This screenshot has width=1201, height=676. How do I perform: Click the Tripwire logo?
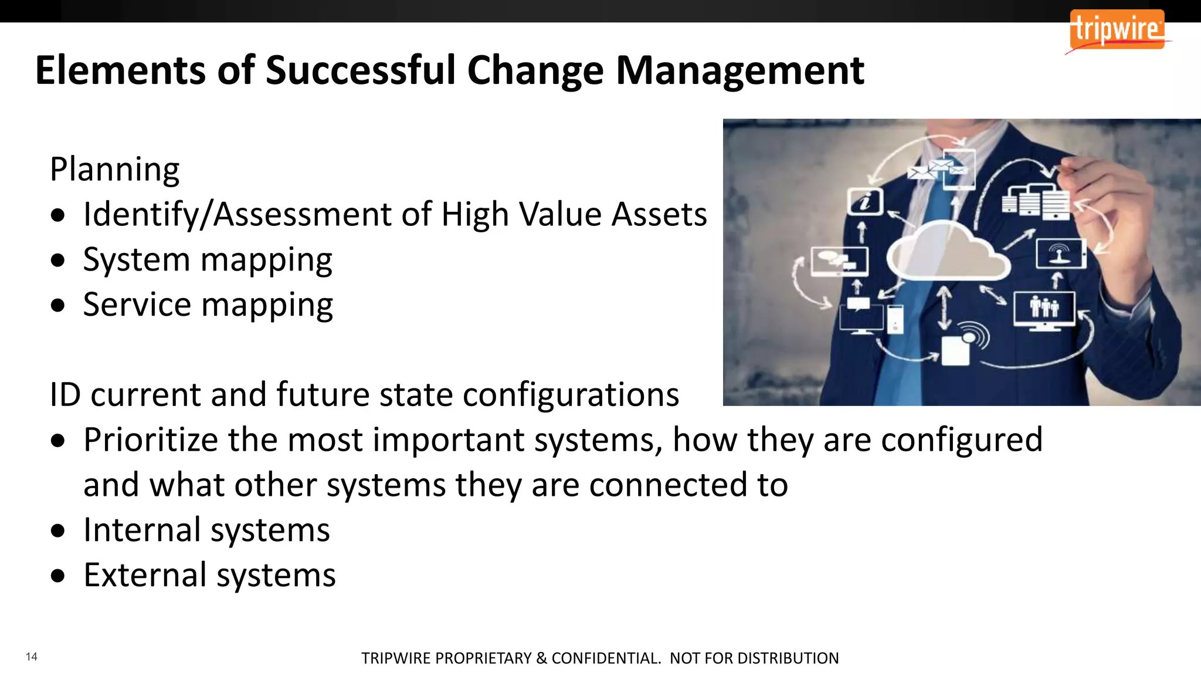[1117, 29]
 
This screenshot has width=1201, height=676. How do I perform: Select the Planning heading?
[115, 170]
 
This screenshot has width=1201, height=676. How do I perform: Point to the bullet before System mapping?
[58, 260]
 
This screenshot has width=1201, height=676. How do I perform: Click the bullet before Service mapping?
[58, 305]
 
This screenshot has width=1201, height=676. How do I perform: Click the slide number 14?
[32, 657]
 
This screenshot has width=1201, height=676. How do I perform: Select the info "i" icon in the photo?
[865, 201]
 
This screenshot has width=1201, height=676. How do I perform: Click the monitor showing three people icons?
[1044, 308]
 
